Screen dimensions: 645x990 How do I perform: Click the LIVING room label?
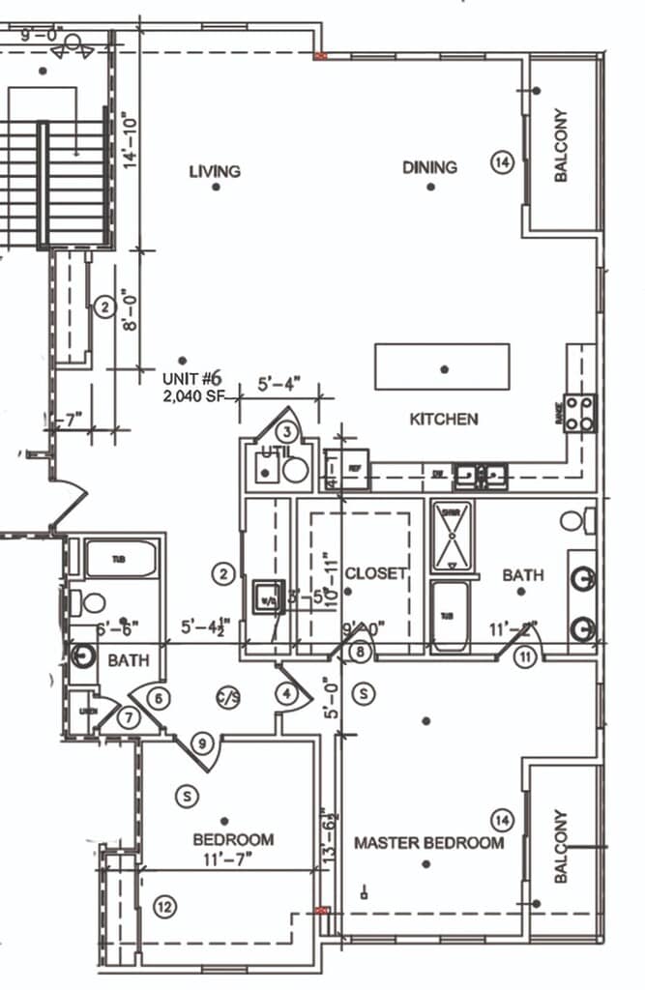coord(215,172)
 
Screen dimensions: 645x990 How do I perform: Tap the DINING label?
coord(429,167)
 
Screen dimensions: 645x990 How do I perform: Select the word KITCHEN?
coord(444,420)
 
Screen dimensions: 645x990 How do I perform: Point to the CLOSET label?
coord(375,573)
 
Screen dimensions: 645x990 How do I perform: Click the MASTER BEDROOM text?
coord(428,843)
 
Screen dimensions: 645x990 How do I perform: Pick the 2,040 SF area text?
coord(198,395)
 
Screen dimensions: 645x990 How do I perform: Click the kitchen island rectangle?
coord(442,367)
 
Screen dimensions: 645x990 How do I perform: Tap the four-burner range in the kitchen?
coord(580,413)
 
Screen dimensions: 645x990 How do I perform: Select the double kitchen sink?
coord(481,475)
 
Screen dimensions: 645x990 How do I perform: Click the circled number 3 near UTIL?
coord(287,431)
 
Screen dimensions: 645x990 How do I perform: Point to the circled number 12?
coord(165,907)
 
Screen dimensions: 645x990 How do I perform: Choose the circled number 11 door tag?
coord(525,657)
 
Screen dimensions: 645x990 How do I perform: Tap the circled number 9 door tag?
coord(202,743)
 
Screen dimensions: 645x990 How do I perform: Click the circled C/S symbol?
coord(228,694)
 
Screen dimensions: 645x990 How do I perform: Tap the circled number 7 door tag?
coord(128,718)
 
